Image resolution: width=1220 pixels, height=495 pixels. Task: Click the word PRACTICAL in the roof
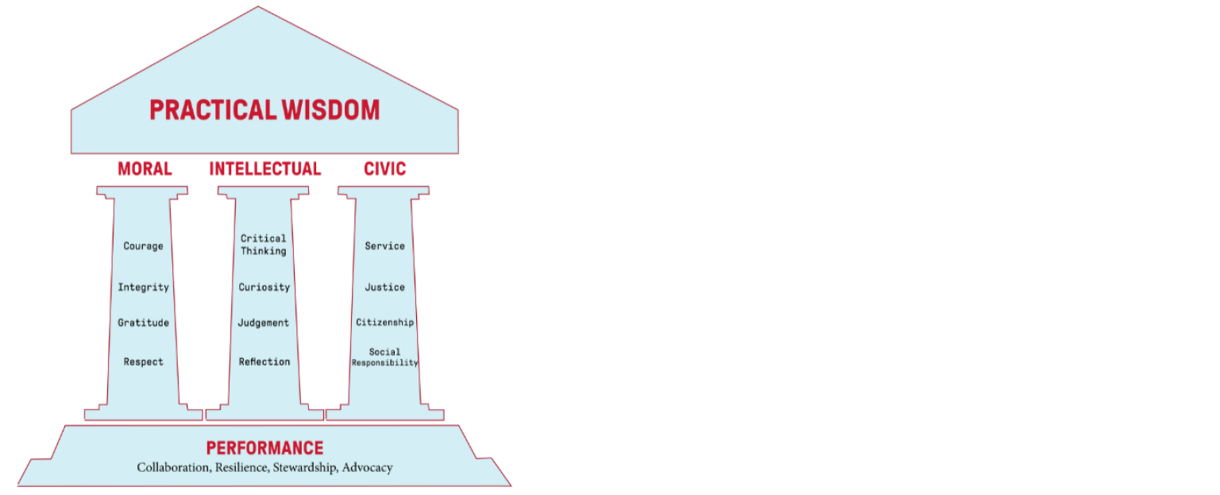213,110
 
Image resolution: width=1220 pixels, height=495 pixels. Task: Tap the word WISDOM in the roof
330,110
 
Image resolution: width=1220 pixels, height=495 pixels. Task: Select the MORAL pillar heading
145,168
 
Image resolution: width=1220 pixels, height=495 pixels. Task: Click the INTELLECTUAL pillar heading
265,168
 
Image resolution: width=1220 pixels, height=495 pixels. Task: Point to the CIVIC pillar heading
385,168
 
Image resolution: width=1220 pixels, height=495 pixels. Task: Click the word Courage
143,246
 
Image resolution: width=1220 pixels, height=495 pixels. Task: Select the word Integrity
143,288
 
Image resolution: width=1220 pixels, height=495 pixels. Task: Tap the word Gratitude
143,323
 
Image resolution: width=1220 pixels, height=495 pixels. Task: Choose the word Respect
143,362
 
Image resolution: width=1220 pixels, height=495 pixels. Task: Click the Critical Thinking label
264,245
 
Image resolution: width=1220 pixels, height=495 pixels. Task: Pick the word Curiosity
264,288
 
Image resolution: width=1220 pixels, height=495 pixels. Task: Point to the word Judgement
264,323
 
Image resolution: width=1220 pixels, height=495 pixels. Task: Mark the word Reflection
264,362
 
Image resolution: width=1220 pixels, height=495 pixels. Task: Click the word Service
385,246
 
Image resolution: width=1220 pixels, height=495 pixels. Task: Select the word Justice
385,287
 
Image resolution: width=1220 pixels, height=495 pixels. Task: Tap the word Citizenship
385,323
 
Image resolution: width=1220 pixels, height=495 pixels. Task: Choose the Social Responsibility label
384,358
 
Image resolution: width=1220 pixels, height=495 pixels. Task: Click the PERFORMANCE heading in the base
264,448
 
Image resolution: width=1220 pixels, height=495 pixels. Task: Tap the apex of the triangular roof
258,6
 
